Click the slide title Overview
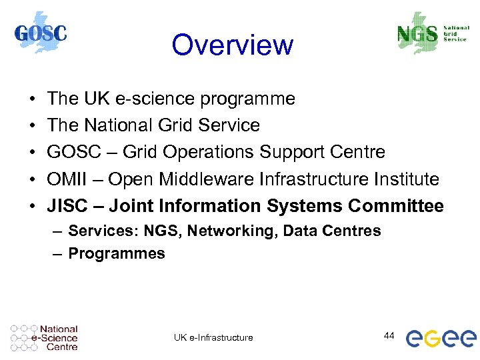pyautogui.click(x=232, y=45)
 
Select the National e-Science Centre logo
pyautogui.click(x=44, y=338)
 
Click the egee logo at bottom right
pyautogui.click(x=441, y=338)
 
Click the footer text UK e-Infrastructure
pyautogui.click(x=213, y=337)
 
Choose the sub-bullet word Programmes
pyautogui.click(x=117, y=253)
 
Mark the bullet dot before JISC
pyautogui.click(x=33, y=207)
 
